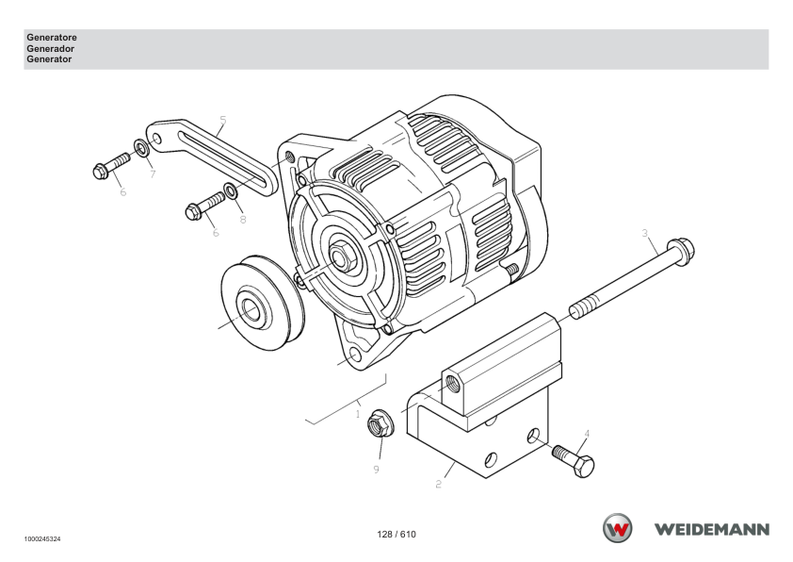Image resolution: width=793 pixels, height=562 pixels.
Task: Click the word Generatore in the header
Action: [x=52, y=38]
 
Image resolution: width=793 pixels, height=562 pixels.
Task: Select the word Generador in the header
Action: [x=50, y=49]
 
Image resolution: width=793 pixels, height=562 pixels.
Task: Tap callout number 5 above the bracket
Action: [x=223, y=121]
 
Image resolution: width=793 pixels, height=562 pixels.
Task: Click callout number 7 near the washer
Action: [x=153, y=174]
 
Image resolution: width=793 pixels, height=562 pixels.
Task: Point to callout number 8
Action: [x=243, y=219]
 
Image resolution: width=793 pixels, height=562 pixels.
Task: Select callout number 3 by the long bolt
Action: [x=645, y=233]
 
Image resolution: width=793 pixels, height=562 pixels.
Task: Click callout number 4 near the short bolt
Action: [x=587, y=434]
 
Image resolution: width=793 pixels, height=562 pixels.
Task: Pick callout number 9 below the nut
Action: [x=377, y=470]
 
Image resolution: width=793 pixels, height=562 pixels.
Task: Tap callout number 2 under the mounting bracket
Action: [x=439, y=484]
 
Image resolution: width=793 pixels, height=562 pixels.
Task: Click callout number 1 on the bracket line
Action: [x=358, y=414]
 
